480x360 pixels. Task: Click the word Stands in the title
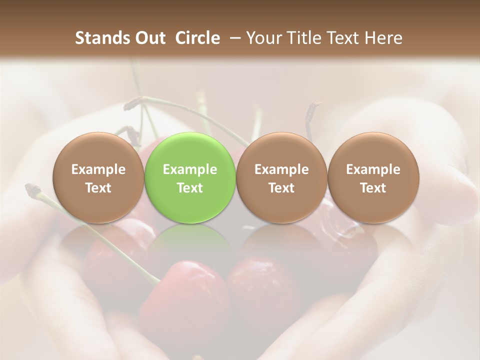coord(103,38)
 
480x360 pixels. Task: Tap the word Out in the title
coord(150,38)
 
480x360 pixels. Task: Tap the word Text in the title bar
coord(342,38)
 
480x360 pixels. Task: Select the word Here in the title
coord(383,38)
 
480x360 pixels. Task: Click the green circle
coord(189,178)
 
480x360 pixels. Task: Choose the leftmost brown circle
coord(98,178)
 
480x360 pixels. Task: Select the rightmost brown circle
coord(373,178)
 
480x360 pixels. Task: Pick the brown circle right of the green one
coord(281,178)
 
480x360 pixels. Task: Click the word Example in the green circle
coord(189,169)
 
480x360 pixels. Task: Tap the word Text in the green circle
coord(189,188)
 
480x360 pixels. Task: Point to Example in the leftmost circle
coord(98,169)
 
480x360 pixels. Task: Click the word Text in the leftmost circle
coord(98,188)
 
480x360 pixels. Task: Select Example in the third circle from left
coord(281,169)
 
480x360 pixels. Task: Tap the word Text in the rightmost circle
coord(373,188)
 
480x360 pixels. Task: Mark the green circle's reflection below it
coord(189,240)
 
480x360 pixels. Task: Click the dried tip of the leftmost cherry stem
coord(32,189)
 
